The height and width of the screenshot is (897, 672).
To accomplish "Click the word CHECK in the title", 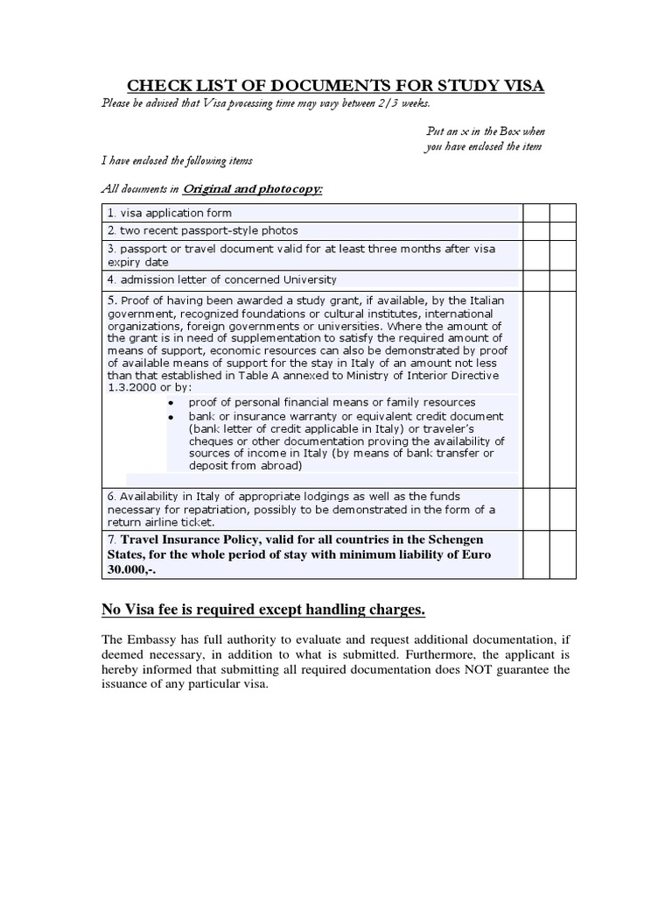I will click(157, 86).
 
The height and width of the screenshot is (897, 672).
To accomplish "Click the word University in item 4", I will click(303, 280).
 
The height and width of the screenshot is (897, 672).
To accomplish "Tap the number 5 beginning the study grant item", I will click(111, 300).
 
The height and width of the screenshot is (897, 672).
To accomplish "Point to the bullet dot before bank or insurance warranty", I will click(171, 417).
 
